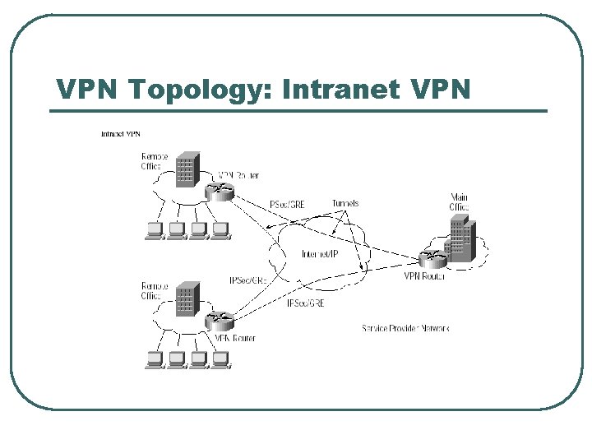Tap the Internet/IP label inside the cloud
click(x=320, y=254)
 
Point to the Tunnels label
click(x=345, y=203)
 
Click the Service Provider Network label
click(x=405, y=328)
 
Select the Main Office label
click(x=459, y=201)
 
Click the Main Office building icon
click(x=460, y=243)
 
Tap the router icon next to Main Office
click(x=432, y=260)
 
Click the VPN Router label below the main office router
click(x=424, y=276)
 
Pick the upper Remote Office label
click(x=155, y=161)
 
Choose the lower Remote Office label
click(x=154, y=291)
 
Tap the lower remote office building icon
click(x=188, y=298)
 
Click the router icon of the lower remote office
click(x=220, y=321)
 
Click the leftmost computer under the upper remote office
click(x=154, y=231)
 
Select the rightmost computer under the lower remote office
click(x=219, y=360)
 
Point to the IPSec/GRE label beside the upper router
click(x=287, y=205)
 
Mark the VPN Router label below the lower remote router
click(x=234, y=338)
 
